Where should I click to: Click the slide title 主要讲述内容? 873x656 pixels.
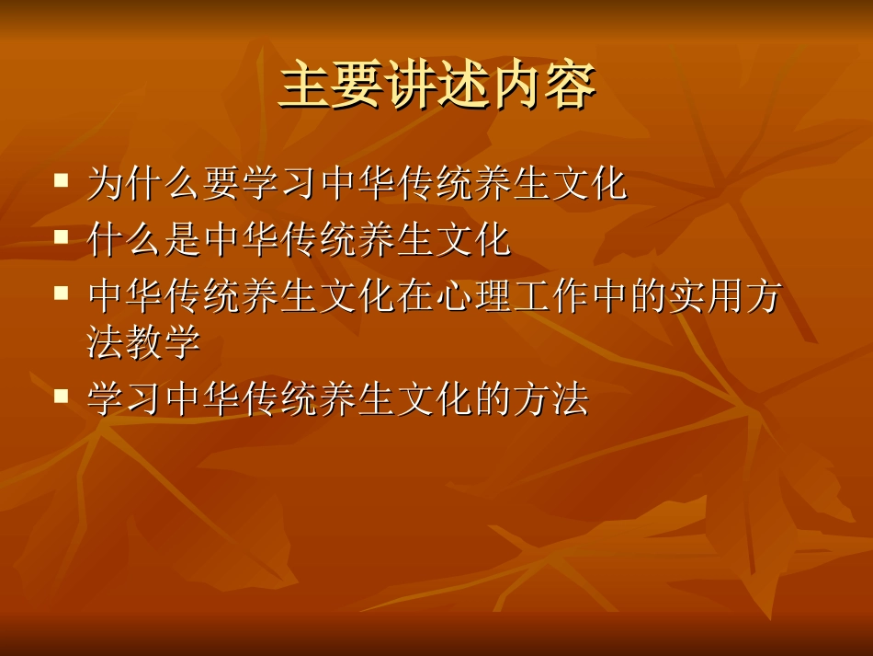click(x=437, y=85)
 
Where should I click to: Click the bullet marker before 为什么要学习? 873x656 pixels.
click(x=62, y=179)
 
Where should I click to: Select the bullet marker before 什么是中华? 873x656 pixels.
click(x=62, y=236)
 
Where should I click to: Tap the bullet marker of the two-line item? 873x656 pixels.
click(x=62, y=293)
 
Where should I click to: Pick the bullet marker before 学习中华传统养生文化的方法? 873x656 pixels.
click(x=62, y=396)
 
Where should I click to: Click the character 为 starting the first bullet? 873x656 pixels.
click(x=106, y=184)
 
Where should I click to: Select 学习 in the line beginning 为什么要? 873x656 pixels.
click(x=280, y=184)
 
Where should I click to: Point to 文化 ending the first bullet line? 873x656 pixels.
click(x=588, y=184)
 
